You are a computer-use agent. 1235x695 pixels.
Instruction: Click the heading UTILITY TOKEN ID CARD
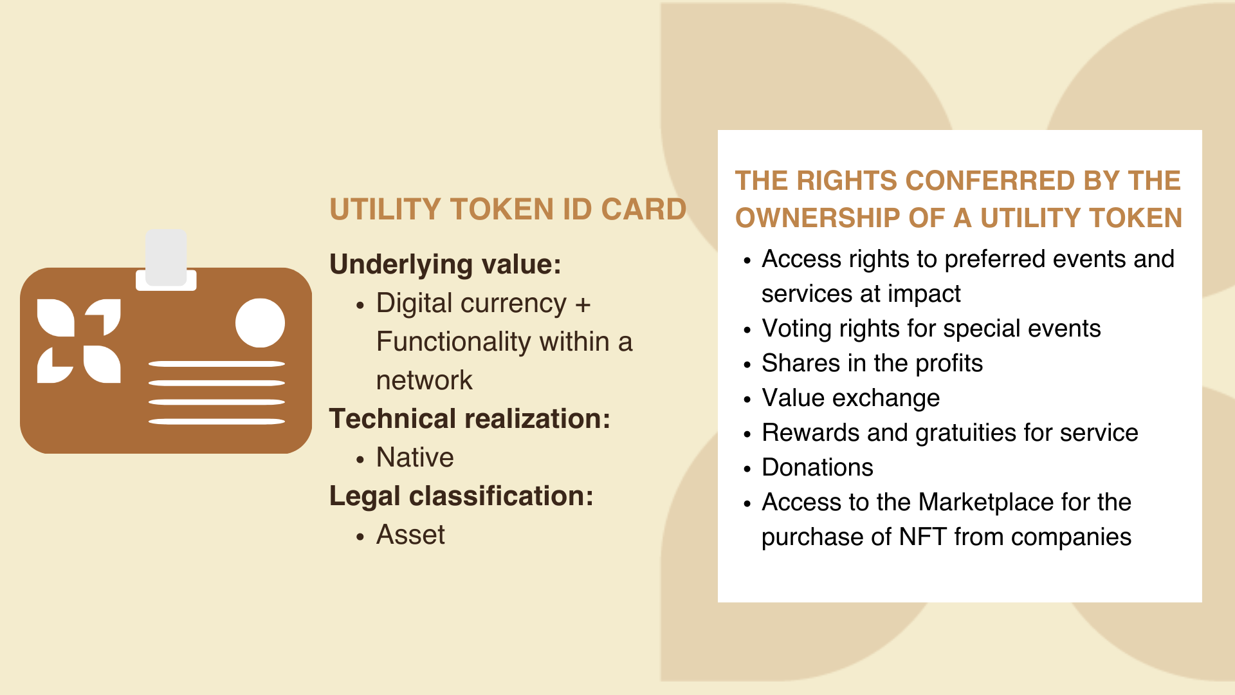click(x=508, y=209)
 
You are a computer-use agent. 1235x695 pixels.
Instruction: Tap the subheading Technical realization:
click(x=470, y=419)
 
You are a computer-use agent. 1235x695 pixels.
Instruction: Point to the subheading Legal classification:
click(x=461, y=496)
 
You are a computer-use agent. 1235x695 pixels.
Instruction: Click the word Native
click(x=415, y=458)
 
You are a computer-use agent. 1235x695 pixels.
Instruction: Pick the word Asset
click(x=410, y=535)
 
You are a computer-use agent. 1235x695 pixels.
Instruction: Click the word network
click(x=424, y=380)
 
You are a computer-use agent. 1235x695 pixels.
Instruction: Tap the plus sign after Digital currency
click(x=583, y=304)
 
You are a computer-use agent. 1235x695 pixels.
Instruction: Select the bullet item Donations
click(x=818, y=467)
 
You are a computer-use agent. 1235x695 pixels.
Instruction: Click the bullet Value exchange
click(x=850, y=398)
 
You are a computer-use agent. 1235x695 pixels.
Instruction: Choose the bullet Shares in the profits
click(x=872, y=364)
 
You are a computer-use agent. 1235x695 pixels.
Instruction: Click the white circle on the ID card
click(x=260, y=323)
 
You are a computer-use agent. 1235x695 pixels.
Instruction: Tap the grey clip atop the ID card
click(x=166, y=258)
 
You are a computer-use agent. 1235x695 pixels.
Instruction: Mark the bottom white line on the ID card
click(x=217, y=422)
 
